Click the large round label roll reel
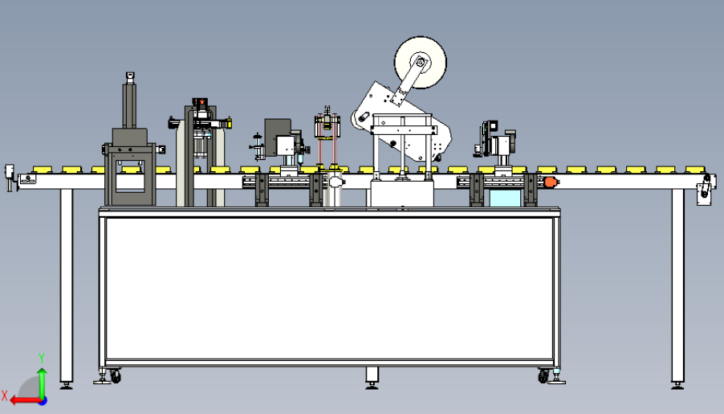tap(420, 63)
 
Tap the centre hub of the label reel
tap(420, 63)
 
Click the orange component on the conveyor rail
tap(551, 182)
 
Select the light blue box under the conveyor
tap(505, 198)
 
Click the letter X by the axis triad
tap(4, 396)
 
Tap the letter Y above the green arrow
tap(42, 359)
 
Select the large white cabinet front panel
tap(330, 289)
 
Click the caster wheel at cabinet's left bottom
tap(115, 377)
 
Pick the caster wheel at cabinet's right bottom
tap(543, 376)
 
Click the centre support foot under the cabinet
tap(372, 378)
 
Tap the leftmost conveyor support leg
tap(67, 288)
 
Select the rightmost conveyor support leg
tap(677, 288)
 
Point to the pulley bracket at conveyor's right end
tap(705, 188)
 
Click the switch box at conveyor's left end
tap(10, 177)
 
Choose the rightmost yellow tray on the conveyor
tap(695, 170)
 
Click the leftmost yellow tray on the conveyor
tap(42, 170)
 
